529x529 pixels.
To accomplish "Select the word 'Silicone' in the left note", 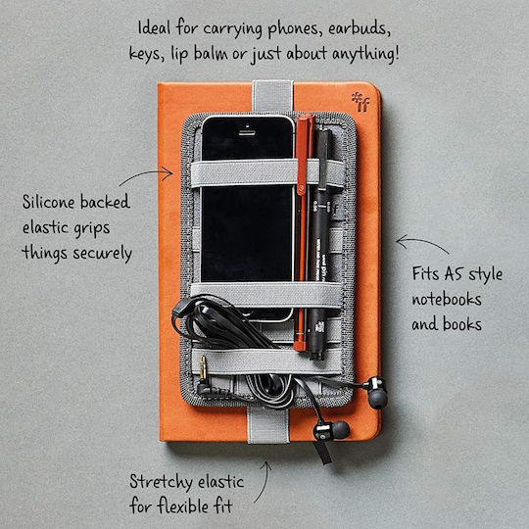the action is click(x=48, y=202).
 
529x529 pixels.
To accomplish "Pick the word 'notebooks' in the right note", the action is click(x=447, y=299).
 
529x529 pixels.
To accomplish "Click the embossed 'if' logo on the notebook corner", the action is click(x=361, y=102).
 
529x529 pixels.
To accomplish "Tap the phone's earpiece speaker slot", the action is click(x=247, y=132).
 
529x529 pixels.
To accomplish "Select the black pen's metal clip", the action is click(x=322, y=159).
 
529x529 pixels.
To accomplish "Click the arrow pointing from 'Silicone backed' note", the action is click(x=145, y=174).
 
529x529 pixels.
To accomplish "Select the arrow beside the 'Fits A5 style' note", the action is click(x=421, y=242).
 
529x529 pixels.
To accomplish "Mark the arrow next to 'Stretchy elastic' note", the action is click(x=264, y=481).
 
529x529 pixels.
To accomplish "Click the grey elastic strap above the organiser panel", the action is click(x=272, y=96).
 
